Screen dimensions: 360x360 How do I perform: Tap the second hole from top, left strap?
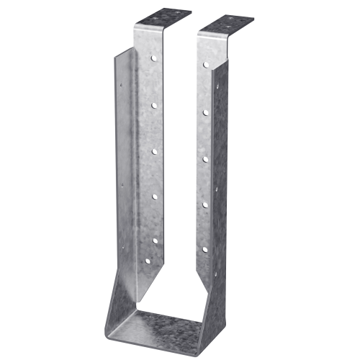(x=153, y=105)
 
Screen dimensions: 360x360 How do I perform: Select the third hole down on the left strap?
(x=153, y=150)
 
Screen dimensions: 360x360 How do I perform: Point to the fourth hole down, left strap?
(x=153, y=195)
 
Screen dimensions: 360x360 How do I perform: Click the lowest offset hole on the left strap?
(x=148, y=260)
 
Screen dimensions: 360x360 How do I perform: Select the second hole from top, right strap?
(x=206, y=112)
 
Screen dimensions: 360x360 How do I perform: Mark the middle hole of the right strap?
(x=206, y=158)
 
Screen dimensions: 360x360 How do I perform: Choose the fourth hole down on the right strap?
(x=206, y=204)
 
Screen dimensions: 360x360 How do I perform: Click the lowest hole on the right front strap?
(x=206, y=250)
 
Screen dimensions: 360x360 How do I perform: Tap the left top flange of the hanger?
(x=162, y=17)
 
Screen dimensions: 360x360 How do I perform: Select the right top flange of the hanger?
(x=225, y=26)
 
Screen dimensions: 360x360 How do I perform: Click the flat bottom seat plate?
(x=173, y=330)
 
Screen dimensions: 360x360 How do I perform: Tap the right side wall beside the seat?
(x=216, y=302)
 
